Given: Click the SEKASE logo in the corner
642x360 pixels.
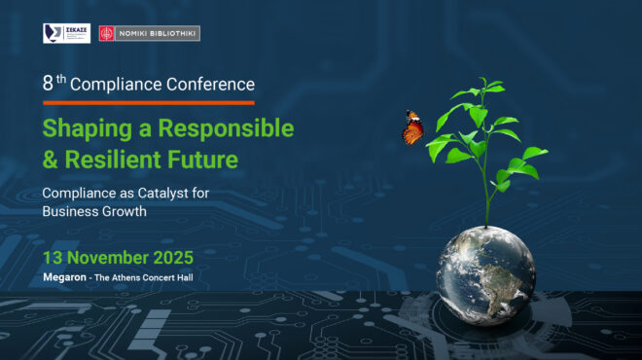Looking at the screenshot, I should [66, 33].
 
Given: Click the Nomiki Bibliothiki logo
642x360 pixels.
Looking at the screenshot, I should [149, 33].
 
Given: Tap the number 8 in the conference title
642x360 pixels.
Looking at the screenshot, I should [48, 85].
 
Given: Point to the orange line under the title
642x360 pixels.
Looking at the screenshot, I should [148, 102].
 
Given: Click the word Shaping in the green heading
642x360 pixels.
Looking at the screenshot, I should [84, 128].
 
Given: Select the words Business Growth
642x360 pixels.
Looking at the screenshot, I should [94, 211].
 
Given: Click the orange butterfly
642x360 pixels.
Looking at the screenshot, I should [413, 127].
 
